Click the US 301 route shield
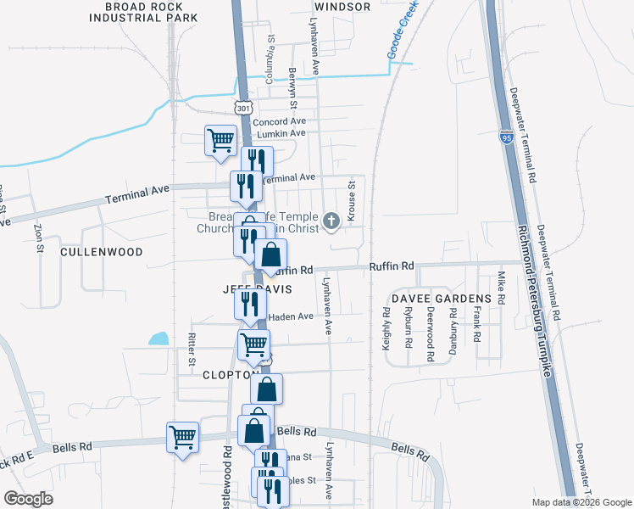(243, 109)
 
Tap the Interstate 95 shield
(506, 137)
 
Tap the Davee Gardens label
(441, 299)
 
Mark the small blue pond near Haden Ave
(158, 338)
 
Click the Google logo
(29, 499)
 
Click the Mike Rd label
(501, 288)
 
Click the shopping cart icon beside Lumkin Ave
(220, 140)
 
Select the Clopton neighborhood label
(229, 374)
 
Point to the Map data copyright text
(581, 502)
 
